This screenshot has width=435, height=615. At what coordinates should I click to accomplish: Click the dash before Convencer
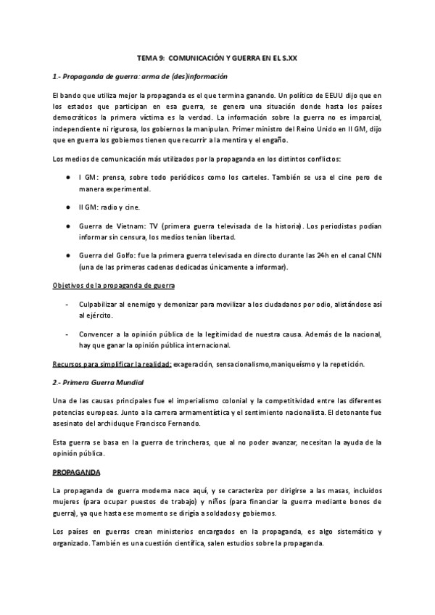(67, 334)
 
